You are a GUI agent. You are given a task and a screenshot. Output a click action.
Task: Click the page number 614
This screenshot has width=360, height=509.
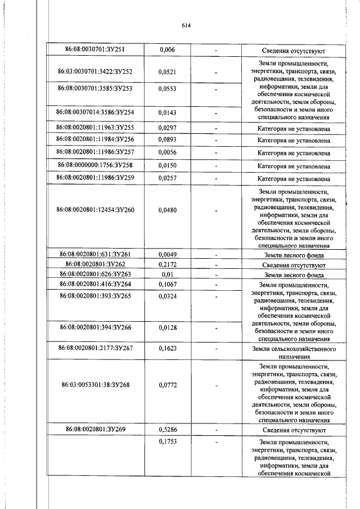187,25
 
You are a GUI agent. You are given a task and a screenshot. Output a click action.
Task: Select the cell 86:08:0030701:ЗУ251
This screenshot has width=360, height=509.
94,50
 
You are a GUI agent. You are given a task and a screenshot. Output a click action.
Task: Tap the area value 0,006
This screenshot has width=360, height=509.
167,50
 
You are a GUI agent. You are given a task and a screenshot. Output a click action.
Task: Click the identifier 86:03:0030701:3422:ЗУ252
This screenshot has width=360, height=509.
94,72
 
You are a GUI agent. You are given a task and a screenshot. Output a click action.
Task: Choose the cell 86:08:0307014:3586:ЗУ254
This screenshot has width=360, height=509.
94,112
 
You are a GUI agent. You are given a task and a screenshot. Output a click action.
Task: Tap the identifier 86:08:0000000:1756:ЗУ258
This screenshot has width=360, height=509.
94,166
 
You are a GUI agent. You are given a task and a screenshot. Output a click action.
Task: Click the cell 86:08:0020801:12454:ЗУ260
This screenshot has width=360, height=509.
94,210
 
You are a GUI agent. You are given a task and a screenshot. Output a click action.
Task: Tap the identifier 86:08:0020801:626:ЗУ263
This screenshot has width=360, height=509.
94,274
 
